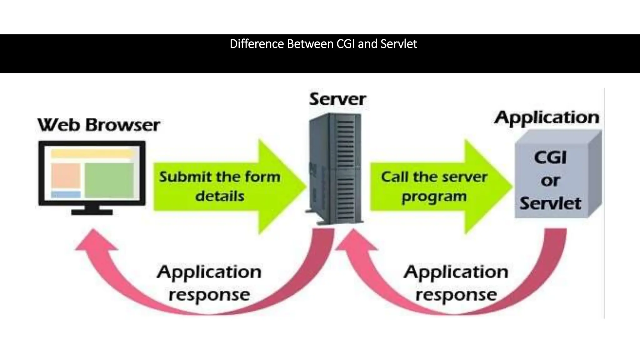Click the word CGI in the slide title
click(346, 44)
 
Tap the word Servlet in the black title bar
click(399, 44)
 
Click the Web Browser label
click(99, 125)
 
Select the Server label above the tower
click(337, 99)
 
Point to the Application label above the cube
click(547, 118)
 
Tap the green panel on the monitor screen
click(109, 180)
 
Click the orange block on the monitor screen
click(66, 175)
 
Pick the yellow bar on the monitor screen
click(92, 153)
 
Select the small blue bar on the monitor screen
click(66, 194)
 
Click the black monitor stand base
click(92, 212)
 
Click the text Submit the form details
click(220, 187)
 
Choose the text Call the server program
click(434, 187)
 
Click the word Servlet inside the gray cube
click(550, 203)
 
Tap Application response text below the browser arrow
click(209, 283)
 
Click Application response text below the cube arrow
click(456, 283)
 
